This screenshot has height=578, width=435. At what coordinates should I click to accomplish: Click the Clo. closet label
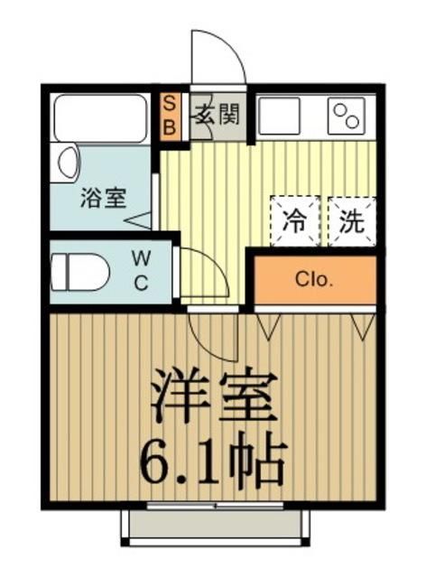(314, 280)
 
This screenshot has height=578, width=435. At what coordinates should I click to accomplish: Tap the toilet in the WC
(79, 272)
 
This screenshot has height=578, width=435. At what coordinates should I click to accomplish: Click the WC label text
(143, 271)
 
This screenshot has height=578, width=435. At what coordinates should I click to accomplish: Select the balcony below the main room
(216, 525)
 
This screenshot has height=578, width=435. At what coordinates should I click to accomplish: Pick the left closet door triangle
(268, 324)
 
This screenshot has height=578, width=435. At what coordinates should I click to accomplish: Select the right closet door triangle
(363, 325)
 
